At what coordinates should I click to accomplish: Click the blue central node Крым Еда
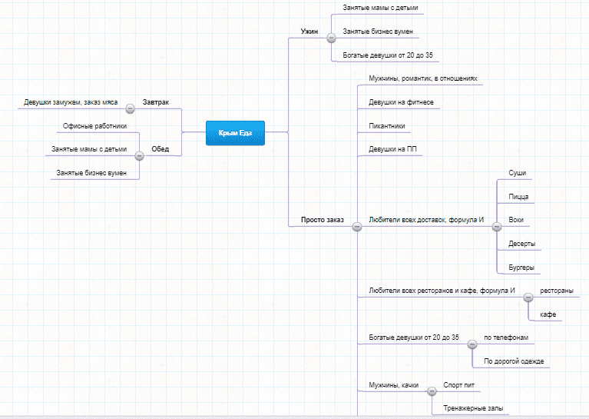(x=235, y=133)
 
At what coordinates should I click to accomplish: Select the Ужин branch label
(x=309, y=32)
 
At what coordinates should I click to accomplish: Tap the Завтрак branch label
(x=156, y=102)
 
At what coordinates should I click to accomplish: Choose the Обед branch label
(x=160, y=149)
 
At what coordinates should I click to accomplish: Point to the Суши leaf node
(x=518, y=173)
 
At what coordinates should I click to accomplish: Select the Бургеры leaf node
(x=521, y=268)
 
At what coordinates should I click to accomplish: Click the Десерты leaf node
(x=521, y=244)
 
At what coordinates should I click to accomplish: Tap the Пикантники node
(x=387, y=126)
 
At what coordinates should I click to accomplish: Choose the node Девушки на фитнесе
(x=401, y=102)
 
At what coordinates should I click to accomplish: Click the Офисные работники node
(x=94, y=125)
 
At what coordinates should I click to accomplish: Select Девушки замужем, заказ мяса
(x=71, y=101)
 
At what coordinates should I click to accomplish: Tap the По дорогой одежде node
(x=511, y=361)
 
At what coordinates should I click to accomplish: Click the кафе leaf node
(x=548, y=314)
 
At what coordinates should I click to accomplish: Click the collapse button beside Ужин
(x=330, y=37)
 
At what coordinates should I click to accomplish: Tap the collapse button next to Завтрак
(x=131, y=108)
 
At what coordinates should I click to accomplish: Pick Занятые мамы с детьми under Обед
(x=89, y=149)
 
